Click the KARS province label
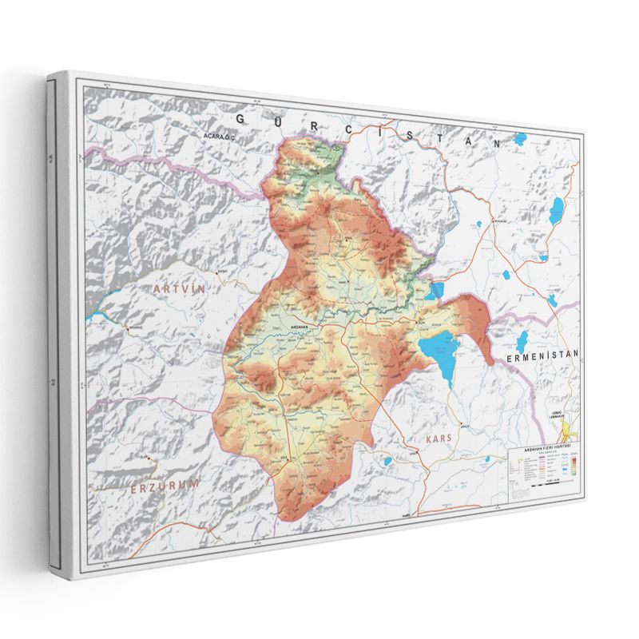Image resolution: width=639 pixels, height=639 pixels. click(439, 439)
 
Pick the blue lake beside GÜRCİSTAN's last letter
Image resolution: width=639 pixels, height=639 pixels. click(520, 140)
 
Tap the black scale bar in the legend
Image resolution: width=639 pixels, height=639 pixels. click(551, 484)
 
